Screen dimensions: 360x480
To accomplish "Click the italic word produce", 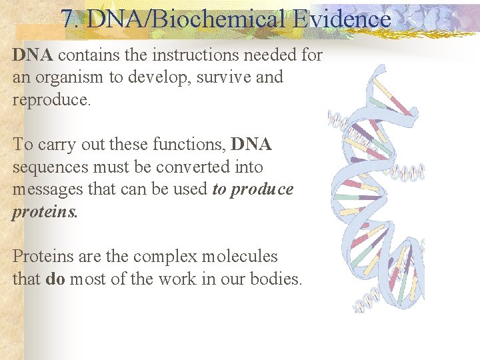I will pos(261,189).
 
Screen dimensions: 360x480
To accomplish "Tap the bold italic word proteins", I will pos(45,212).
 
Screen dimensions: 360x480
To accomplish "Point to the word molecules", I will pos(239,257).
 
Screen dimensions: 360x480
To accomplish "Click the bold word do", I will pos(55,279).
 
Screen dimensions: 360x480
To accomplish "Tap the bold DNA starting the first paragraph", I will pos(33,55).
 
